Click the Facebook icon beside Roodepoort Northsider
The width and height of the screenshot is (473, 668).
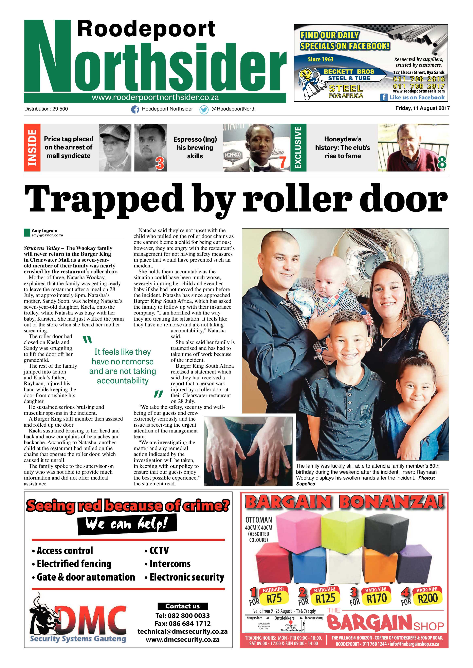135,109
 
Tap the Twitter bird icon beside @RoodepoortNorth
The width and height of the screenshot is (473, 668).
204,109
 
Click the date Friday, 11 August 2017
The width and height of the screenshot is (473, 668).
422,108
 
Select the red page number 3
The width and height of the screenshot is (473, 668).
160,163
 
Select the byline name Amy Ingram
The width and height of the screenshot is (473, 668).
44,230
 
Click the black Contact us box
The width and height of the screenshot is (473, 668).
183,606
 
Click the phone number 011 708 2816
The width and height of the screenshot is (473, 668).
419,79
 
